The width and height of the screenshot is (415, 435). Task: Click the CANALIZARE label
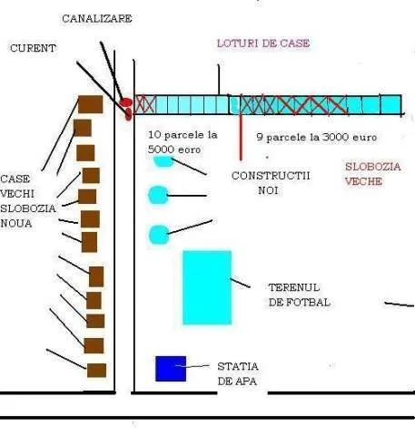(97, 19)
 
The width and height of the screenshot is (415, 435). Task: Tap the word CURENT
(33, 48)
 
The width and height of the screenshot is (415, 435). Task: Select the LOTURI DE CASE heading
(263, 43)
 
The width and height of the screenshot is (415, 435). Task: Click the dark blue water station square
(171, 369)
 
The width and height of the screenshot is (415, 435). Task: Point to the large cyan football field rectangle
(207, 287)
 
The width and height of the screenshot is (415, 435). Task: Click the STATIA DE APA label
(238, 373)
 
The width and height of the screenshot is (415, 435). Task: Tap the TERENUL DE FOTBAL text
(299, 295)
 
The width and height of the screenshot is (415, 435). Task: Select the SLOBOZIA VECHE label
(373, 174)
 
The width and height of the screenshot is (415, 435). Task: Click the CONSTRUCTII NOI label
(271, 183)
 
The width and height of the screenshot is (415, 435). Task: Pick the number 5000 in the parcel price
(159, 150)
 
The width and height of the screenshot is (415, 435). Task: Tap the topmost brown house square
(91, 104)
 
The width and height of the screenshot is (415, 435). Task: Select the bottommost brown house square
(96, 371)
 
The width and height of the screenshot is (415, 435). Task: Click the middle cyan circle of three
(158, 195)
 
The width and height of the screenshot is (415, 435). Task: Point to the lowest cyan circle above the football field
(159, 235)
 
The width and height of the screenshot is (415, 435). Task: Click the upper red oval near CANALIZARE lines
(126, 102)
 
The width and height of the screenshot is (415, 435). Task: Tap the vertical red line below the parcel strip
(241, 137)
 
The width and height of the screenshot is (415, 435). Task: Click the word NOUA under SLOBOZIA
(16, 224)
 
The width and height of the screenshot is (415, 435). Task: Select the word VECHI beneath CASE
(17, 194)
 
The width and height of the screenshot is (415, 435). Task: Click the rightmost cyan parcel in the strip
(391, 104)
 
